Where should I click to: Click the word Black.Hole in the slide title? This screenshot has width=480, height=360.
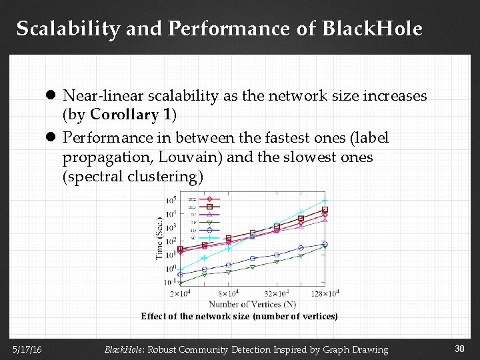click(x=372, y=29)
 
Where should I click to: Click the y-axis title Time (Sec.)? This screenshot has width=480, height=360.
click(x=160, y=237)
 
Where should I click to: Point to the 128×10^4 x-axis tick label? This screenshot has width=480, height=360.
click(x=325, y=293)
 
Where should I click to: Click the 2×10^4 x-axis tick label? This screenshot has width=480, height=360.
click(x=181, y=293)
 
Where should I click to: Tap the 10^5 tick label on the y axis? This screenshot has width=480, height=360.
click(x=171, y=199)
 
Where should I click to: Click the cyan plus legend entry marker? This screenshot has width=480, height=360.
click(x=209, y=238)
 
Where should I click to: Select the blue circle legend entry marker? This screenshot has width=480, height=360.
click(x=209, y=230)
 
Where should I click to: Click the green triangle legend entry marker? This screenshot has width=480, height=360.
click(x=209, y=222)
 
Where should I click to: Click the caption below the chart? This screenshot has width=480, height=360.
click(x=239, y=317)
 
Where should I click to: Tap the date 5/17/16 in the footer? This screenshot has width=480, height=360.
click(x=25, y=349)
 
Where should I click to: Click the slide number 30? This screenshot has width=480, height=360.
click(x=459, y=349)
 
